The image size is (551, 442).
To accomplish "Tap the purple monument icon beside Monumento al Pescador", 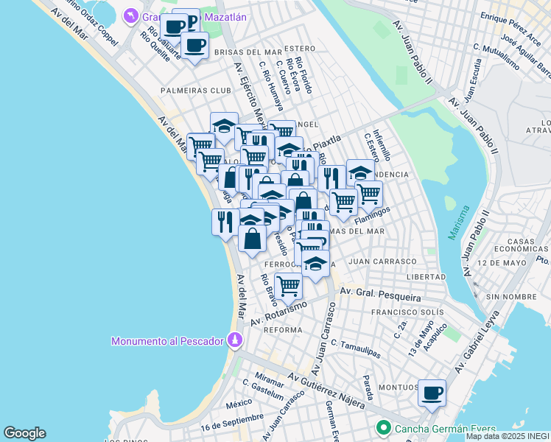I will (234, 340).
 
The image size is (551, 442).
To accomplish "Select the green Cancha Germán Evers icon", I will (383, 427).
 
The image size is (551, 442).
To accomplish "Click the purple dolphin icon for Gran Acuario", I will (130, 16).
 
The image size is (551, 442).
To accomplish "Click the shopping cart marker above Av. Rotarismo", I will (288, 285).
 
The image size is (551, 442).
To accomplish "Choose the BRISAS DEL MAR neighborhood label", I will (248, 52).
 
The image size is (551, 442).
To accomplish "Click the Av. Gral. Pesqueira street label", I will (379, 295).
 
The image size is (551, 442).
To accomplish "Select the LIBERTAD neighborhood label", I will (426, 277).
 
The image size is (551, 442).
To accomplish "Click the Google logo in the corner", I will (24, 433).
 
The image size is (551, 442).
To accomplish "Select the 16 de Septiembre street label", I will (231, 422).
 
